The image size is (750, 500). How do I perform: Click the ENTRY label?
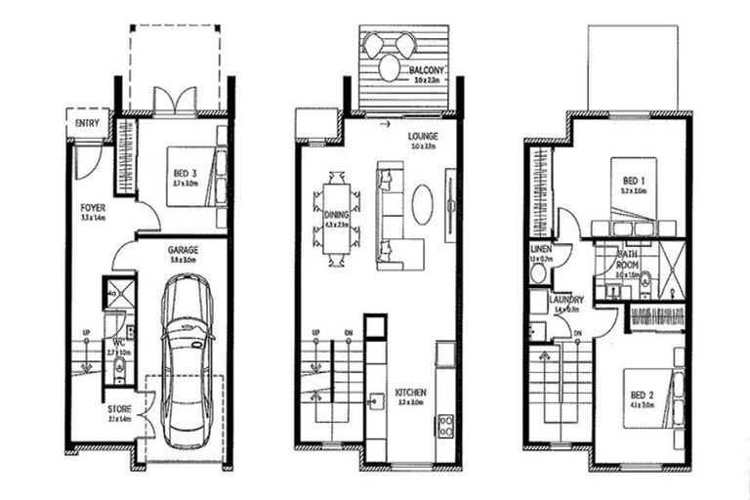pos(86,123)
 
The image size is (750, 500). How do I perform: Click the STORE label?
pos(119,408)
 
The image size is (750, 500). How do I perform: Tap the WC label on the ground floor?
pos(116,343)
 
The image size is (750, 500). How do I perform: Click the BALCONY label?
pos(428,69)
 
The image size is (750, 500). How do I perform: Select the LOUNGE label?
pos(423,136)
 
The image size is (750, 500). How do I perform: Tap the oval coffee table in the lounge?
pos(423,205)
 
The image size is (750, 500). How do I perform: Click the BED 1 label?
pos(634,181)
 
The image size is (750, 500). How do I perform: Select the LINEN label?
pos(541,250)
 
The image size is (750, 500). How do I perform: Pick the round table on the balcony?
pos(389,67)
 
